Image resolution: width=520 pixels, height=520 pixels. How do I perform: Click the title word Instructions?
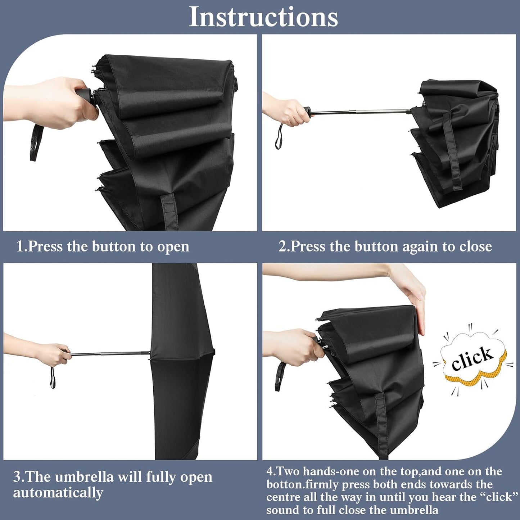[x=263, y=17]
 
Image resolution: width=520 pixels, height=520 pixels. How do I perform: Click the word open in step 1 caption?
[x=173, y=247]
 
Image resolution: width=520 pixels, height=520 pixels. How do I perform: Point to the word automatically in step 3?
[x=58, y=492]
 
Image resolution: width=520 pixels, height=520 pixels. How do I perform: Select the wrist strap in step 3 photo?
[x=53, y=378]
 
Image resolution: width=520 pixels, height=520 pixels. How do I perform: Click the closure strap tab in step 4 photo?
[x=380, y=410]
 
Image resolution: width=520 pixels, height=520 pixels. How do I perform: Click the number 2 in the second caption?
[x=282, y=247]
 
